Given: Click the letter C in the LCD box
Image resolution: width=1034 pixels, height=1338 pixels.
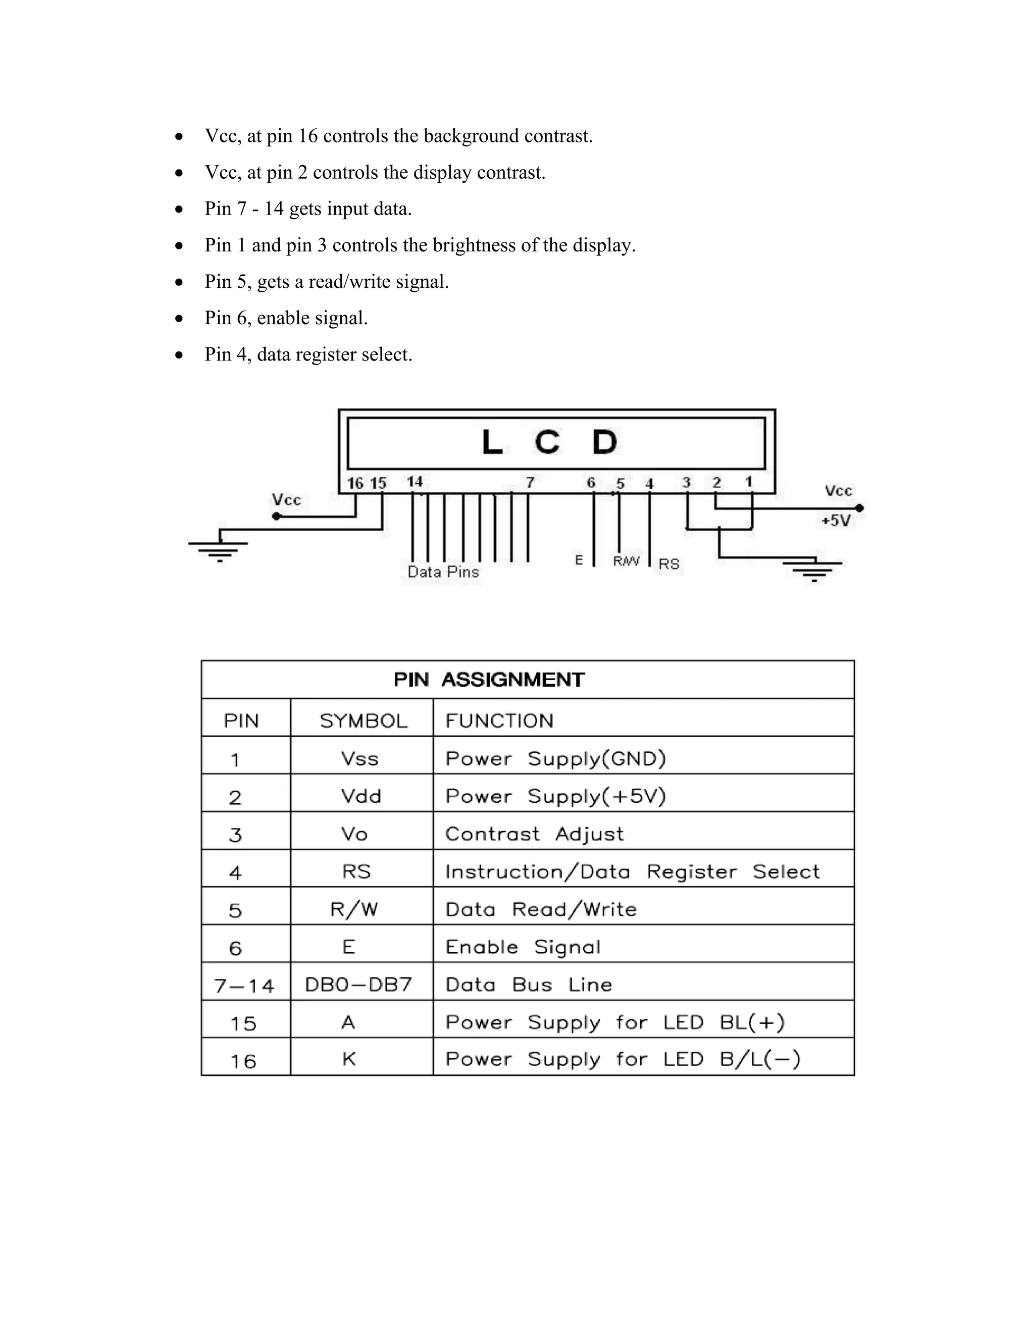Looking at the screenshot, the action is point(546,442).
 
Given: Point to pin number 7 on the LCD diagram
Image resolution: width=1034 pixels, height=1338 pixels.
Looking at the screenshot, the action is point(530,483).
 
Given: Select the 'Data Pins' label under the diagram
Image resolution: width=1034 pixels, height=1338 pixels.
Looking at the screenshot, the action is point(443,572).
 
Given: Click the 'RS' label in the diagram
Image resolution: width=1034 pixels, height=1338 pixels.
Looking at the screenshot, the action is point(668,563).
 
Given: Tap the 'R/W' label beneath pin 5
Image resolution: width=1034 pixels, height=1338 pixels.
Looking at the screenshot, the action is point(626,560).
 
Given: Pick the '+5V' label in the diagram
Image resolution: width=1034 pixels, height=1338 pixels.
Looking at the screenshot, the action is point(836,521).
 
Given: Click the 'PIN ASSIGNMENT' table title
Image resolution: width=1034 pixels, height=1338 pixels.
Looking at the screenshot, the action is point(489,680).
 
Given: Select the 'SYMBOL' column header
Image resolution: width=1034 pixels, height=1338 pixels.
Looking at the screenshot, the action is point(363,721).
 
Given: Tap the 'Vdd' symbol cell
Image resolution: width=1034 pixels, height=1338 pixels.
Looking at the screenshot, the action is point(361,796).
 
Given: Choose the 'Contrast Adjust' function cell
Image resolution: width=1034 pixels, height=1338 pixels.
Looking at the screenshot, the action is point(534,834).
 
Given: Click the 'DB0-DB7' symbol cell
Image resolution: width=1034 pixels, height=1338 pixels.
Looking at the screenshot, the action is point(358,985).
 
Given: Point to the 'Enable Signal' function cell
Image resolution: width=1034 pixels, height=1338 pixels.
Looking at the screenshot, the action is point(523,947).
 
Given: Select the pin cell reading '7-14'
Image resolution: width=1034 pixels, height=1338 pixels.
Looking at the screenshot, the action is point(244,986).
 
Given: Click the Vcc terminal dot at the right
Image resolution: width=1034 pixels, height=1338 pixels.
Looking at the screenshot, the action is point(859,508).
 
